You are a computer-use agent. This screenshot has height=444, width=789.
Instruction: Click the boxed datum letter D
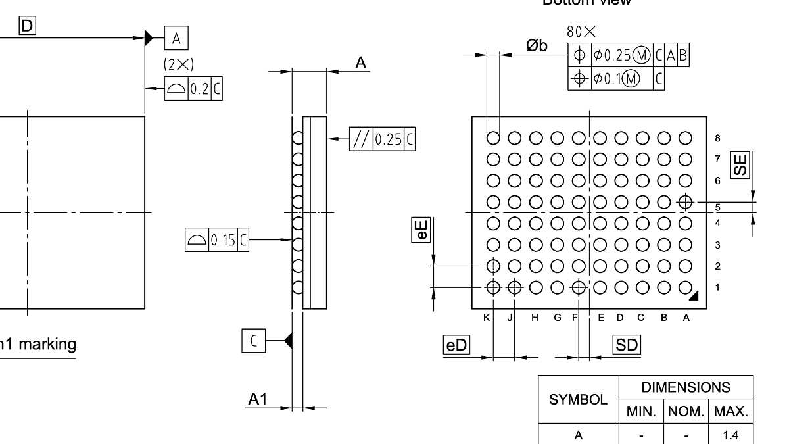(x=27, y=26)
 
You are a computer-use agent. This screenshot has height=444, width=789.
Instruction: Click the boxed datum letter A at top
(x=176, y=38)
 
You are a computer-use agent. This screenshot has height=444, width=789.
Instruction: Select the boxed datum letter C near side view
(x=254, y=340)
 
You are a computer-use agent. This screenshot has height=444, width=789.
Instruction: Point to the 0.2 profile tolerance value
(x=199, y=89)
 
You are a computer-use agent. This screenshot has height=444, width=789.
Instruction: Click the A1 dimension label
(x=257, y=399)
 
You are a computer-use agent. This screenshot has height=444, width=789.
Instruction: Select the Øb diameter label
(x=536, y=45)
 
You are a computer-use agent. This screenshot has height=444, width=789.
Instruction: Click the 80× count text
(x=581, y=32)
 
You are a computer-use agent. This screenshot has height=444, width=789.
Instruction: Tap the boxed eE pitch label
(x=421, y=230)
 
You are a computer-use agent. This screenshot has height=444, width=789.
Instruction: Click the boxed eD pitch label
(x=456, y=345)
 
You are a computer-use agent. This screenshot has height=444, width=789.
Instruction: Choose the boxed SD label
(x=626, y=345)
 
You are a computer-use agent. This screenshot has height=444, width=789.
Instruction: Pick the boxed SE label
(x=741, y=164)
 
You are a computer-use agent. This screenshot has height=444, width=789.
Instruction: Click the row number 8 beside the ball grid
(x=717, y=138)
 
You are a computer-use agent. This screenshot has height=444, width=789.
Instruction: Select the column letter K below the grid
(x=487, y=318)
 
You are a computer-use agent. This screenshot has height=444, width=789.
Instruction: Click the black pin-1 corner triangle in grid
(x=693, y=297)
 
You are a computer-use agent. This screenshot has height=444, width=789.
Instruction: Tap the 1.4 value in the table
(x=730, y=435)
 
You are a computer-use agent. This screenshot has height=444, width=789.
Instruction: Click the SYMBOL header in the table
(x=578, y=399)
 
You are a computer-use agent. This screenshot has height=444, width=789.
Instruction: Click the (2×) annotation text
(x=178, y=64)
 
